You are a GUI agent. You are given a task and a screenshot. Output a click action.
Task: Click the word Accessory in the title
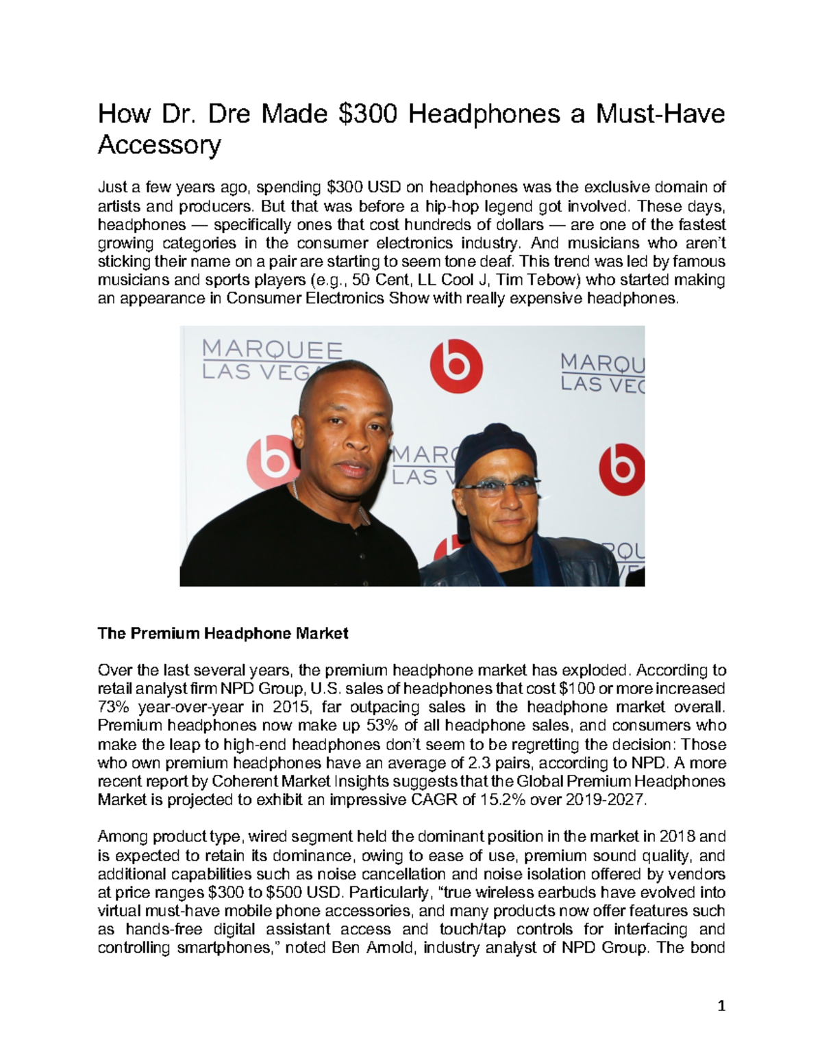159,145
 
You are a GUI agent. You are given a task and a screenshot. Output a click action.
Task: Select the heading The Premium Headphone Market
223,633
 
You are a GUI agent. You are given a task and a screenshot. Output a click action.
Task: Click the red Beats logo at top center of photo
456,367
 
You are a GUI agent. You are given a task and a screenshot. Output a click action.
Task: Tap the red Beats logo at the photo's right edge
621,469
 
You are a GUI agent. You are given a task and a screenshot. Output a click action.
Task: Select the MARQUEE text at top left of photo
272,350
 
